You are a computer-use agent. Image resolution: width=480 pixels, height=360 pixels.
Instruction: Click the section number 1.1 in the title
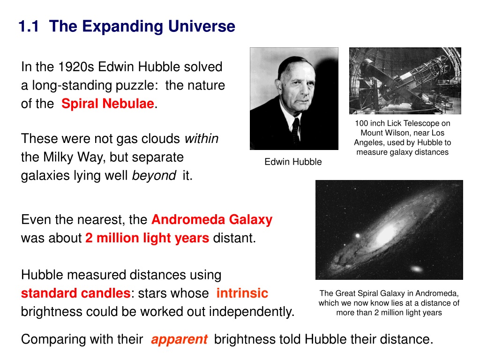coord(29,26)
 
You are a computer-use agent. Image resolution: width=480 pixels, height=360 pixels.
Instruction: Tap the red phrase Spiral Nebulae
coord(108,104)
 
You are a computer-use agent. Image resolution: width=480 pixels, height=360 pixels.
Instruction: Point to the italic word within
coord(202,138)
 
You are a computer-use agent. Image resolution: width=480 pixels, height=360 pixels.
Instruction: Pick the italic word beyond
coord(154,175)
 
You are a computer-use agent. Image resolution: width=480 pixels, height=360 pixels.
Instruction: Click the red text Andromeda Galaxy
coord(212,220)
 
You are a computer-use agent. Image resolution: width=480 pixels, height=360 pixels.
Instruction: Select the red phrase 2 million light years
coord(147,238)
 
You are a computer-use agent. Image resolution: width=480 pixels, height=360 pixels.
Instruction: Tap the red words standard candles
coord(76,293)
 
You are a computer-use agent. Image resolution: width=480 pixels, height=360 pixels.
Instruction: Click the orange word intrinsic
coord(242,293)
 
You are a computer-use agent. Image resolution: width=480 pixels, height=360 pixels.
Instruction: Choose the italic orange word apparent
coord(180,339)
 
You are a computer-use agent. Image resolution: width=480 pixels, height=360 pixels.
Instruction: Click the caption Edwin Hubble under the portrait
coord(293,162)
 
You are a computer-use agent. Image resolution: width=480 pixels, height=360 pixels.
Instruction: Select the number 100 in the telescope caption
coord(361,123)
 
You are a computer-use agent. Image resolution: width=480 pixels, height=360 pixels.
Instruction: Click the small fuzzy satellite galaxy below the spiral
coord(416,269)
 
